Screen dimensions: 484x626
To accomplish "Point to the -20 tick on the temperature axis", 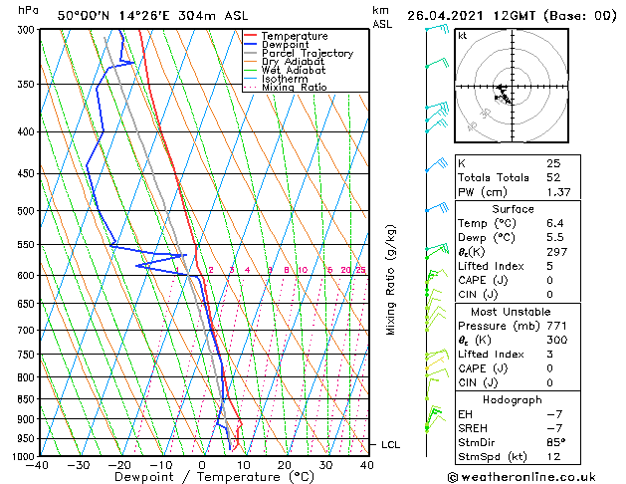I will [118, 465].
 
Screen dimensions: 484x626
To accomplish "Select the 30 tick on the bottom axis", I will [325, 465].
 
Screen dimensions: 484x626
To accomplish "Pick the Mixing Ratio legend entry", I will [295, 88].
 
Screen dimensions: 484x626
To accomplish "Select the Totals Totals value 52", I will [554, 176].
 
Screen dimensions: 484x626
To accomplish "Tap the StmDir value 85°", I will [555, 443].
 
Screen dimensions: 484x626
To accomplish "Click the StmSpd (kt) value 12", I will [553, 458].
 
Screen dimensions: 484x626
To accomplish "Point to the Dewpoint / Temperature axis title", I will [203, 478].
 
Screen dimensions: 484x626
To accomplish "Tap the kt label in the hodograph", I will [463, 36].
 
